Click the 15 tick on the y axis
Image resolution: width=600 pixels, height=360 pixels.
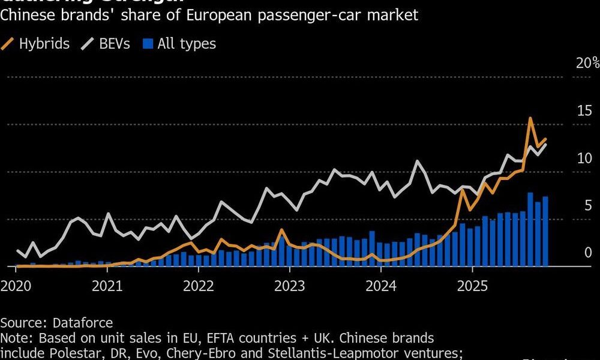pos(584,110)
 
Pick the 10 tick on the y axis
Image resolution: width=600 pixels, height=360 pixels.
pos(584,158)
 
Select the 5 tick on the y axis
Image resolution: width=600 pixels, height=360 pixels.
pos(588,206)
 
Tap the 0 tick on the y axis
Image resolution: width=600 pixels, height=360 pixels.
pos(588,253)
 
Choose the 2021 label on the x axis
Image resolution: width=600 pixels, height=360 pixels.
pos(108,285)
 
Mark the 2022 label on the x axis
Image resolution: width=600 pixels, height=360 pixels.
pos(199,285)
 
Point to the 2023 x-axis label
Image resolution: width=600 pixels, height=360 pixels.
pos(290,285)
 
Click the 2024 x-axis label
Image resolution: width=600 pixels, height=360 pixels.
pos(382,285)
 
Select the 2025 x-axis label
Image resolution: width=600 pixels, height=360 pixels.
pos(473,285)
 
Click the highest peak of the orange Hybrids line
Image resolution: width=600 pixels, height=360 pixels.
pos(530,119)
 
